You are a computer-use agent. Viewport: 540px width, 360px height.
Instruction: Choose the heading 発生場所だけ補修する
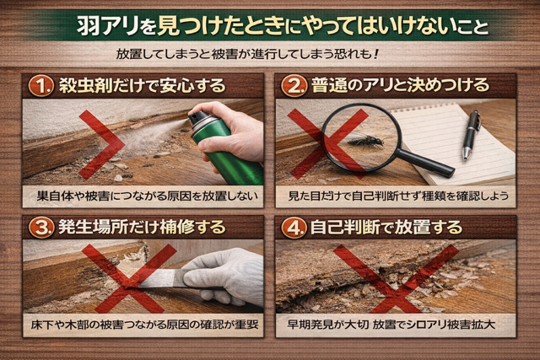point(141,228)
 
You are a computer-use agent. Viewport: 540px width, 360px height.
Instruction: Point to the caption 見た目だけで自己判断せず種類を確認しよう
point(396,196)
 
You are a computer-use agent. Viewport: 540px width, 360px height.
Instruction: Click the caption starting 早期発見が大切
point(396,324)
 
